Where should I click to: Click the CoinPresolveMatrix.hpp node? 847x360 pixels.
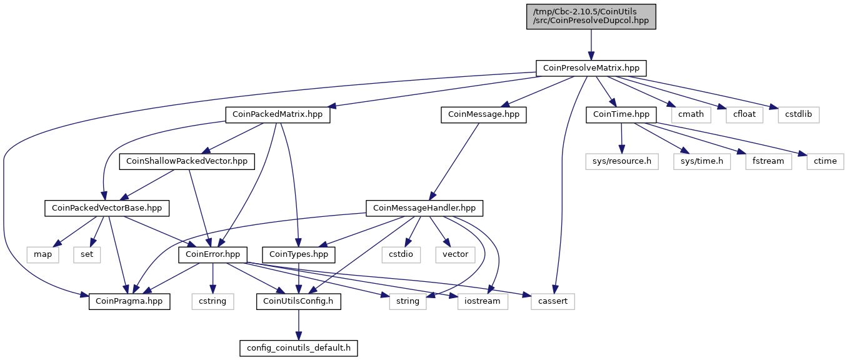591,67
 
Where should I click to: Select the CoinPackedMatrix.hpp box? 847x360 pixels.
278,114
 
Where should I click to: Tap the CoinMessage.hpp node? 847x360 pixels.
484,114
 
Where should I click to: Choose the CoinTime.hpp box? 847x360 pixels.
621,114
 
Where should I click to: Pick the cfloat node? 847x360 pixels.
739,114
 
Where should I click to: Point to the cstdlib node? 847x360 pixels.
798,114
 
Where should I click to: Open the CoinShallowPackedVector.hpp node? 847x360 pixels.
187,161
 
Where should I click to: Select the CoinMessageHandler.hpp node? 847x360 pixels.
424,207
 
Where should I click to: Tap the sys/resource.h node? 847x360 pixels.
622,161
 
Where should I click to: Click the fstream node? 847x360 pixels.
768,161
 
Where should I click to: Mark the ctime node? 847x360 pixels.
825,161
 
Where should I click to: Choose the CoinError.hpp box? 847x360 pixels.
213,254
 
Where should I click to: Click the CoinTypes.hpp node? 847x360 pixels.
299,254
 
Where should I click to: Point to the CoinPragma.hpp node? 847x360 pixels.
129,301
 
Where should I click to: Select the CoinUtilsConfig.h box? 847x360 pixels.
299,301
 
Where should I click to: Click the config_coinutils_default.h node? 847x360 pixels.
299,348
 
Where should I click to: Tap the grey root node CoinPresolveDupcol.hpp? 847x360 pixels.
591,16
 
